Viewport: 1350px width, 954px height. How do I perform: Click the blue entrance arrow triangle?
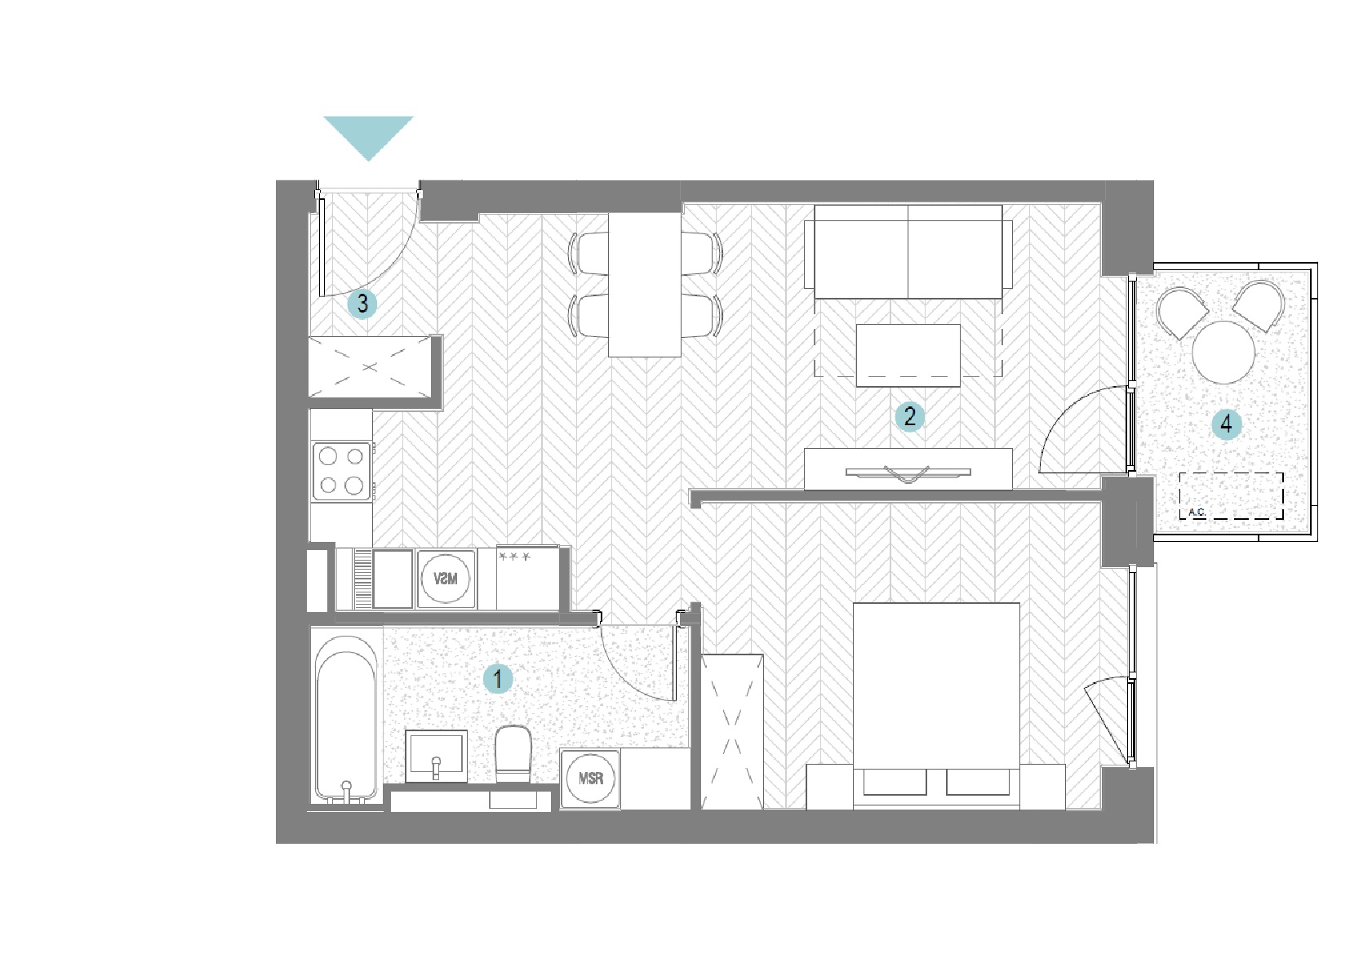(368, 134)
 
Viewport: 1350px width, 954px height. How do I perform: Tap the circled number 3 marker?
(362, 304)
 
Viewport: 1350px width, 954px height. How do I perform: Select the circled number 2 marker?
(909, 416)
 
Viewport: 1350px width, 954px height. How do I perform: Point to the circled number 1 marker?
(498, 679)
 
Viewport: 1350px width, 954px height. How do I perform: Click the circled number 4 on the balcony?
(1227, 424)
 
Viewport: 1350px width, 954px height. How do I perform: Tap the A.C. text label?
(1197, 512)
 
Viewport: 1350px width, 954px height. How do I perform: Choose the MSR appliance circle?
(591, 779)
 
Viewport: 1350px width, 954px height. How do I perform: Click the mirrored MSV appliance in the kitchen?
(446, 579)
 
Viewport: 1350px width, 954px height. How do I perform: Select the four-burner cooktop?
(342, 471)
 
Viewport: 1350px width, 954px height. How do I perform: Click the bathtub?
(346, 718)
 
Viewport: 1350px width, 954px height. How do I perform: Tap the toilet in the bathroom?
(513, 754)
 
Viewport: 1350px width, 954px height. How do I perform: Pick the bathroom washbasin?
(436, 756)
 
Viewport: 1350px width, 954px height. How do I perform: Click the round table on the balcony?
(1223, 353)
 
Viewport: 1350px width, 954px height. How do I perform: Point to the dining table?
(645, 285)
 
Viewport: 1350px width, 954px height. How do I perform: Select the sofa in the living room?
(908, 252)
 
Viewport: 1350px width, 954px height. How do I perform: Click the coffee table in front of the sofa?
(908, 356)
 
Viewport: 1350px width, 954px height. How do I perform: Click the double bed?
(936, 706)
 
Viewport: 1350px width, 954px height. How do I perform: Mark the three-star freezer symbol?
(514, 557)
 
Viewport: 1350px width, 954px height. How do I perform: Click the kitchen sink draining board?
(363, 579)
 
